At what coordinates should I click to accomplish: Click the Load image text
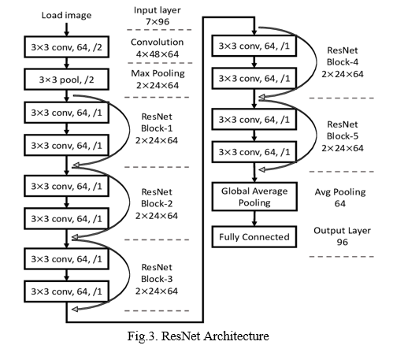point(66,15)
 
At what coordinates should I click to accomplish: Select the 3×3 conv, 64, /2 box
point(66,47)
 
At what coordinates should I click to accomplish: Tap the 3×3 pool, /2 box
point(66,80)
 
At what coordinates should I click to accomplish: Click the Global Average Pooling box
point(254,197)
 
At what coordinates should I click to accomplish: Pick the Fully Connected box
point(254,237)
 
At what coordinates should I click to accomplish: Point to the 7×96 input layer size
point(158,21)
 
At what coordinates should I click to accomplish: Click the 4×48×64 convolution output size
point(158,54)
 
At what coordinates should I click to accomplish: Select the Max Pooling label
point(158,73)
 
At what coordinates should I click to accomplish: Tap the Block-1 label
point(157,128)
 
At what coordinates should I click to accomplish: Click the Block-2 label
point(157,203)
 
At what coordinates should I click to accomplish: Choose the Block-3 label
point(157,279)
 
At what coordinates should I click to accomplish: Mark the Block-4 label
point(343,62)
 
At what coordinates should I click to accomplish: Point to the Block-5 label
point(343,136)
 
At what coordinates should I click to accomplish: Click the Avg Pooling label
point(340,192)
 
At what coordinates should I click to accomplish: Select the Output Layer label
point(342,231)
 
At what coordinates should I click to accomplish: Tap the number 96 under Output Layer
point(343,242)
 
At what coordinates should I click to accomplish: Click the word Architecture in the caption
point(236,336)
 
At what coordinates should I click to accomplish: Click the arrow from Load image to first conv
point(67,29)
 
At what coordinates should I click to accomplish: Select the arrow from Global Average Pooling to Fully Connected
point(254,218)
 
